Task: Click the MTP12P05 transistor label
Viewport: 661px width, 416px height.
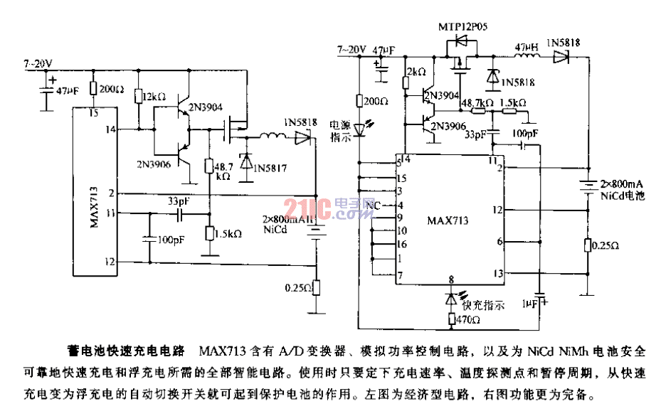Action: (467, 26)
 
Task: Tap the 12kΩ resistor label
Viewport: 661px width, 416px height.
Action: (154, 96)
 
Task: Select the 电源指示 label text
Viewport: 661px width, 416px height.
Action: (341, 132)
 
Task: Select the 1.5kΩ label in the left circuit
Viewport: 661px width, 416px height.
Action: (229, 233)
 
